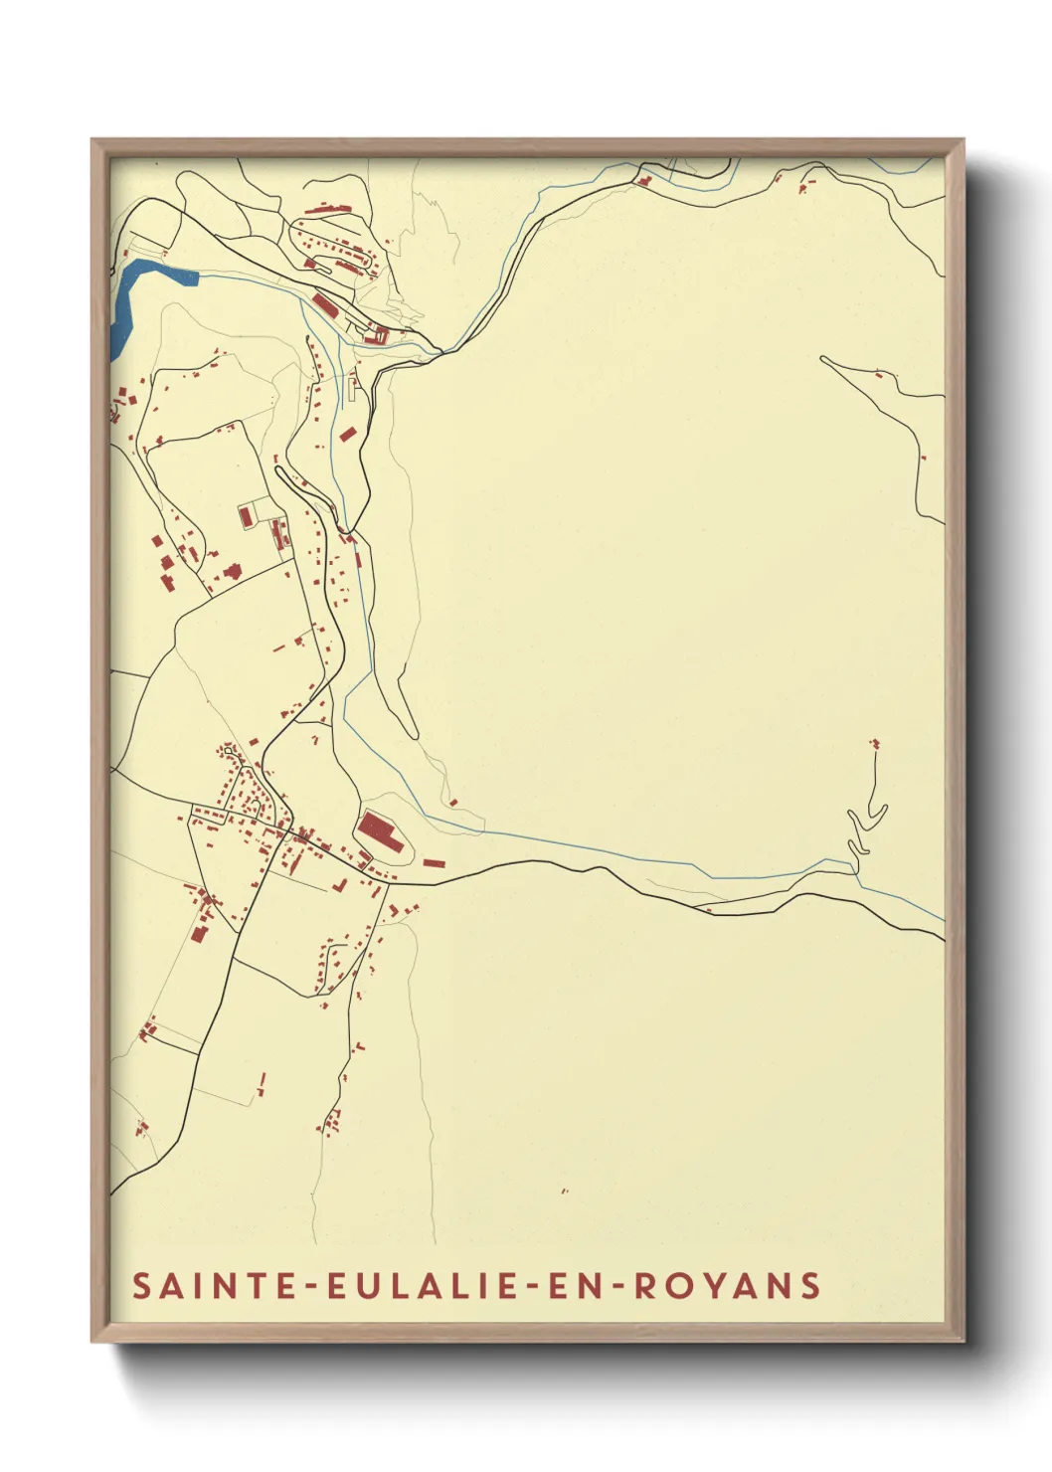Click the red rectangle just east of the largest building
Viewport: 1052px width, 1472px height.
click(x=434, y=862)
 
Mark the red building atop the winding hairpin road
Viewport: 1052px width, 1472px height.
click(x=875, y=742)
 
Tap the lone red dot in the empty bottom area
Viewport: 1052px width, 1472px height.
click(x=565, y=1191)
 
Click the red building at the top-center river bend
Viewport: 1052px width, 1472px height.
click(x=643, y=182)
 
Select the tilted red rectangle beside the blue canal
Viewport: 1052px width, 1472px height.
click(x=347, y=434)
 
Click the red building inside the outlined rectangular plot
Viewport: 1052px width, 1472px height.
click(x=245, y=517)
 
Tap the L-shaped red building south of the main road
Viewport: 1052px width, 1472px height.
click(x=340, y=884)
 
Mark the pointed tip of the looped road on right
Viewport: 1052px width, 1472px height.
click(x=823, y=358)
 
